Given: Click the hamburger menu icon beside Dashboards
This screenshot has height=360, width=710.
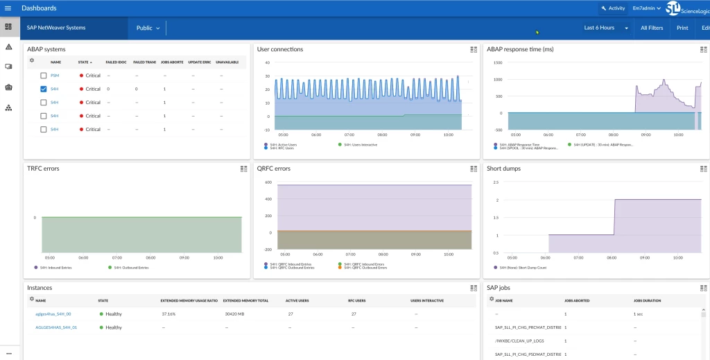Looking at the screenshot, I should tap(8, 8).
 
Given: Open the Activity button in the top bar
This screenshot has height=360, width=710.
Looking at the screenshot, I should tap(612, 8).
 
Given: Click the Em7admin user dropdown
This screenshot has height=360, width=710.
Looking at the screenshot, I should tap(646, 8).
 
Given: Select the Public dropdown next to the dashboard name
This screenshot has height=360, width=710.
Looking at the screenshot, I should tap(148, 28).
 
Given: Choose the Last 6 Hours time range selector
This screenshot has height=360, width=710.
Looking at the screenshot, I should tap(606, 28).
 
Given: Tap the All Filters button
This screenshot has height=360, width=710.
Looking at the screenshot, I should tap(652, 28).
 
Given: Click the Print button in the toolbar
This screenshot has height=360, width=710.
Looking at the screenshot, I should tap(682, 28).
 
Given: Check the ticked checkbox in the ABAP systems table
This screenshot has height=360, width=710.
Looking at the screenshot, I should tap(44, 89).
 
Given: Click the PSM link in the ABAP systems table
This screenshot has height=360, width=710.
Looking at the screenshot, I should tap(54, 76).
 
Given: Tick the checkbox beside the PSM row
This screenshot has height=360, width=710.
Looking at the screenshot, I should tap(44, 76).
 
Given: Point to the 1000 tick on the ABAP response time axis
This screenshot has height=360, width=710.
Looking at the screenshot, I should tap(497, 79).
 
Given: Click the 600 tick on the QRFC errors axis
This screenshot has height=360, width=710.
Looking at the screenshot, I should tap(268, 182).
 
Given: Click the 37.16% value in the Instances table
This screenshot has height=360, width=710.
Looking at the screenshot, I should tap(168, 314).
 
